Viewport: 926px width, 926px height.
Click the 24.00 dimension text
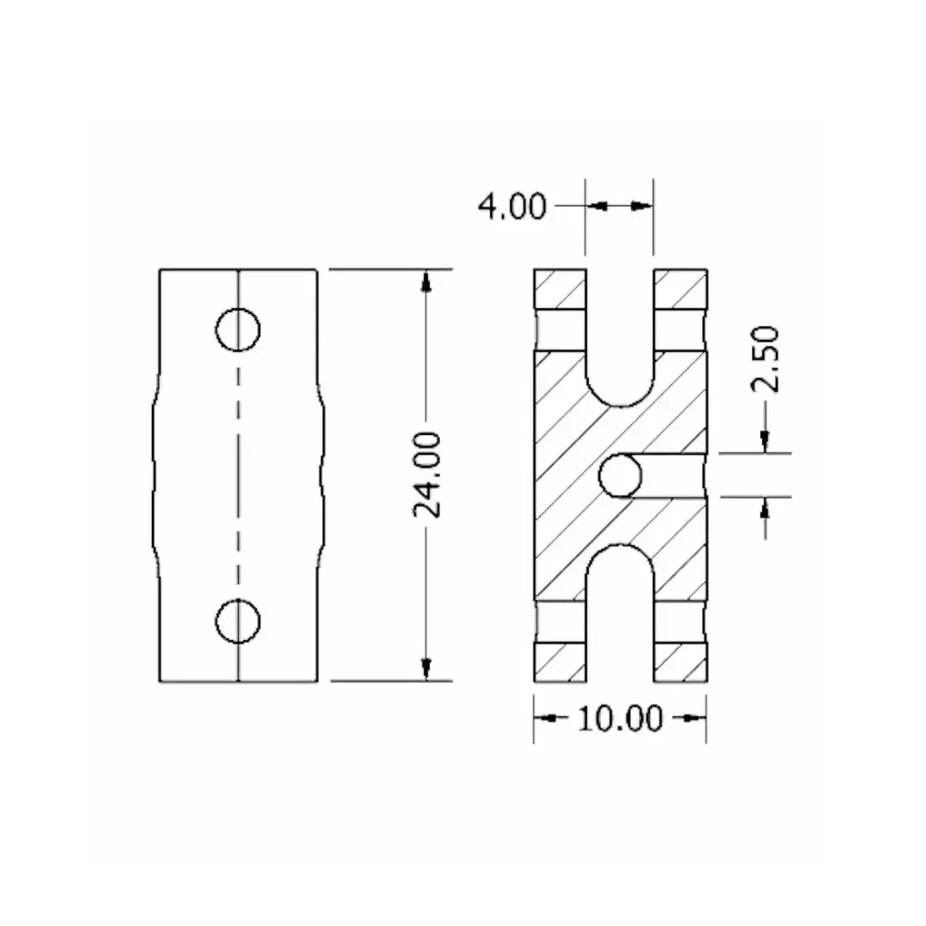[x=427, y=473]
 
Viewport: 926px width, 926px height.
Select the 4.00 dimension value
[x=511, y=206]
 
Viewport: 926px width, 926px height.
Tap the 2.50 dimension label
[x=768, y=359]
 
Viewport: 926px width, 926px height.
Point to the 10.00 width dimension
[x=619, y=718]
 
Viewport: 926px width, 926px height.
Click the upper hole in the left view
[x=237, y=329]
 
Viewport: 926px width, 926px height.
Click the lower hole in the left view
[x=237, y=620]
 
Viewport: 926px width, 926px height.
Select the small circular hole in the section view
[x=619, y=476]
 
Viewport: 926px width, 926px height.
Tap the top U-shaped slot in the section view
[x=619, y=343]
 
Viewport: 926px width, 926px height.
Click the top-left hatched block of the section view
[x=559, y=289]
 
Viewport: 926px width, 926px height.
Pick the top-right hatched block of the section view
[x=681, y=289]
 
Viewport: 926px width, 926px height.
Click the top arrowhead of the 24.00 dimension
[x=426, y=280]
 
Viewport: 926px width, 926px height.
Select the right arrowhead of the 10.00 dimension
[x=696, y=718]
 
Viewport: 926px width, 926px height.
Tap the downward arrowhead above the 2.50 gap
[x=765, y=444]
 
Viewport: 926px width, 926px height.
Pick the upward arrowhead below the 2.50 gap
[x=765, y=507]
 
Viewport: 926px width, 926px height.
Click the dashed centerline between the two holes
[x=238, y=474]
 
